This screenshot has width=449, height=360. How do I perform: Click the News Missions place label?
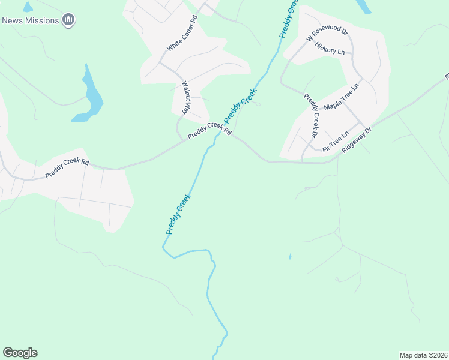[x=30, y=20]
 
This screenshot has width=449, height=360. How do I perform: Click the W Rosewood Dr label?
[x=327, y=34]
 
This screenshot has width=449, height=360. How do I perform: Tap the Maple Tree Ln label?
[x=341, y=97]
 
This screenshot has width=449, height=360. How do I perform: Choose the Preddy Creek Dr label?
[x=310, y=114]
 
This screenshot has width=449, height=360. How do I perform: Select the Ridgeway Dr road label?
[x=357, y=139]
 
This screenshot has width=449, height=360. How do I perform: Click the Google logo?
[x=20, y=353]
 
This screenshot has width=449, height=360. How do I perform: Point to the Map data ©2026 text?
[x=423, y=355]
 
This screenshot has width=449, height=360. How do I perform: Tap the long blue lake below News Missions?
[x=91, y=96]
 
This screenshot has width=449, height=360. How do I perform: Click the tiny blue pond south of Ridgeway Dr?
[x=290, y=257]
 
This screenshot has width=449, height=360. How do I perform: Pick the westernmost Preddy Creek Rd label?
[x=67, y=169]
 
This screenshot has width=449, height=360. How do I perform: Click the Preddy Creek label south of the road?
[x=179, y=214]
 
